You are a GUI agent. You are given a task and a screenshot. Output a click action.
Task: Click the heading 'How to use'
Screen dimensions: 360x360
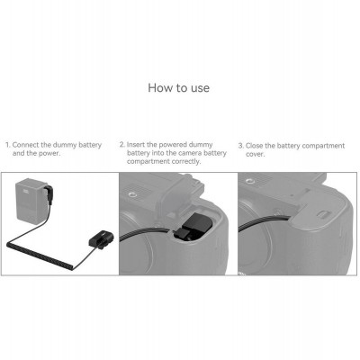point(179,89)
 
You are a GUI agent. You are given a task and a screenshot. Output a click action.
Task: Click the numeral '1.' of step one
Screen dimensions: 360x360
point(7,145)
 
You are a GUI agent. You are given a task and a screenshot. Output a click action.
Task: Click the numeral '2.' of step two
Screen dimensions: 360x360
point(122,144)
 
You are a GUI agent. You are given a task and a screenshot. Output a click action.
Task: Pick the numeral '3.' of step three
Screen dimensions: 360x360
point(240,145)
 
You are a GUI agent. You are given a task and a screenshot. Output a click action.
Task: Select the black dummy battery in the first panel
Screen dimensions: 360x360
point(98,240)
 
